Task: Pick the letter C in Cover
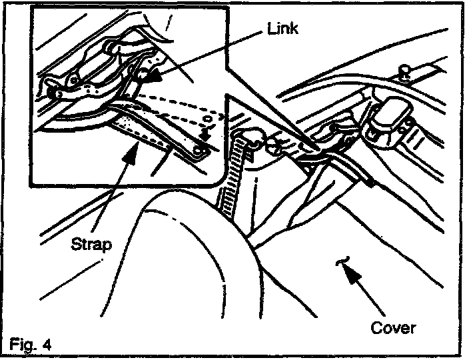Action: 375,328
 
